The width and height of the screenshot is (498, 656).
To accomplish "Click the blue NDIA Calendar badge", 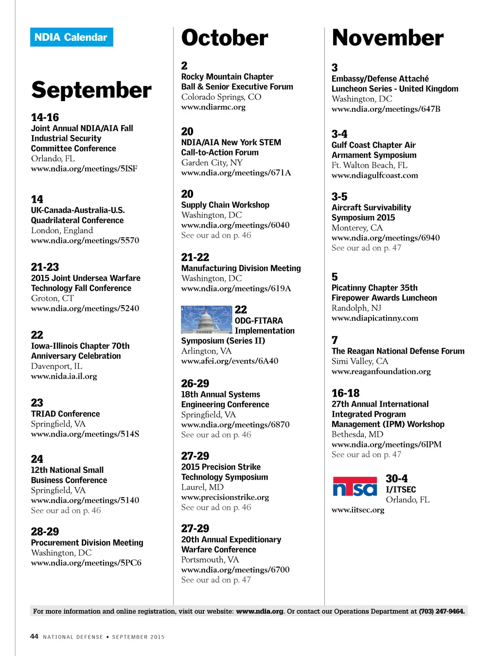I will [71, 37].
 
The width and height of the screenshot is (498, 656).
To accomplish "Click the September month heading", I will [91, 90].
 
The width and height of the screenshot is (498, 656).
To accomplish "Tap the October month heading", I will [225, 38].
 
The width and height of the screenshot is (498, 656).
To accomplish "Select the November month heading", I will [388, 38].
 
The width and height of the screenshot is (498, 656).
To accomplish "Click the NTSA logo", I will [355, 486].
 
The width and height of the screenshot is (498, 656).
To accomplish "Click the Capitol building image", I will [206, 319].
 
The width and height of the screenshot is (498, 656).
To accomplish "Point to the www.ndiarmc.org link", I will [213, 107].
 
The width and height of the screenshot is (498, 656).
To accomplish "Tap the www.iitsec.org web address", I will [358, 510].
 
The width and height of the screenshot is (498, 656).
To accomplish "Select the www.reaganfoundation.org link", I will [381, 371].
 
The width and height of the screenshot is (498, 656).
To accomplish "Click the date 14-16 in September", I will [45, 118].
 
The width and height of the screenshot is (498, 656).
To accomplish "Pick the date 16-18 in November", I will [345, 393].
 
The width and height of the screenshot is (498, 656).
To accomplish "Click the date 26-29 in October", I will [195, 383].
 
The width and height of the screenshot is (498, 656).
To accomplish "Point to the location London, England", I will [62, 230].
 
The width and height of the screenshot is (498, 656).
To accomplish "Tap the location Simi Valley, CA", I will [360, 361].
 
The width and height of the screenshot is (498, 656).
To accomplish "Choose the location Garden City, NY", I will [212, 162].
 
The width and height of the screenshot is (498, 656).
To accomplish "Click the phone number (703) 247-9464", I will [442, 611].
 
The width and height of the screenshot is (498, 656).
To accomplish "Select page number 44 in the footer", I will [34, 637].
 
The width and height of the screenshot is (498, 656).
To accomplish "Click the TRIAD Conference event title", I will [65, 414].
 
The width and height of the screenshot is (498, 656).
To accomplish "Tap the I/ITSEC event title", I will [401, 489].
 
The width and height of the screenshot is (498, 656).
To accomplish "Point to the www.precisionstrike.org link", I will [225, 497].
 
